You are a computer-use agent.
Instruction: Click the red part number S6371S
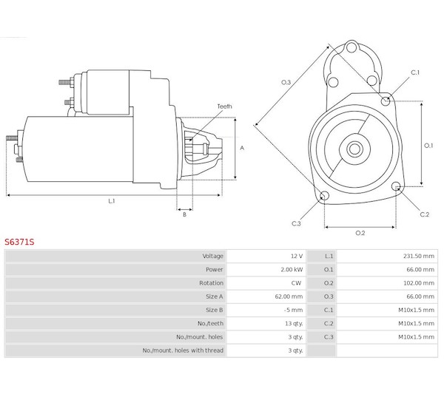pos(19,241)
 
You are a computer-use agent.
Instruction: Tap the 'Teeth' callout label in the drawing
pos(224,106)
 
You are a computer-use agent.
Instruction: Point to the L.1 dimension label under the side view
pos(111,201)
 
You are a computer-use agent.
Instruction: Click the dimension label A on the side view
pos(242,148)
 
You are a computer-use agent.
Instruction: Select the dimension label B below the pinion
pos(184,214)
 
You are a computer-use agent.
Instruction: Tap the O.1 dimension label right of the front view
pos(428,146)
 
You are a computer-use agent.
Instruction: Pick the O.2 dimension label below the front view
pos(360,234)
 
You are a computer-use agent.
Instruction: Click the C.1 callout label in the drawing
pos(415,72)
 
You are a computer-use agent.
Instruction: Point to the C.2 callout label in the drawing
pos(424,214)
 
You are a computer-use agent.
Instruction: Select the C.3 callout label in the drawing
pos(296,223)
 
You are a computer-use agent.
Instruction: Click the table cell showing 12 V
pos(296,256)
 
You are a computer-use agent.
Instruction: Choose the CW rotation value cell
pos(297,283)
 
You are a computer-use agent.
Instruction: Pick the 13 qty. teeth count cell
pos(294,323)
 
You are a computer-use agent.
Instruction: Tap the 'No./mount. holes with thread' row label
pos(183,350)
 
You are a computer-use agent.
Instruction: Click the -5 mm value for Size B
pos(294,310)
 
